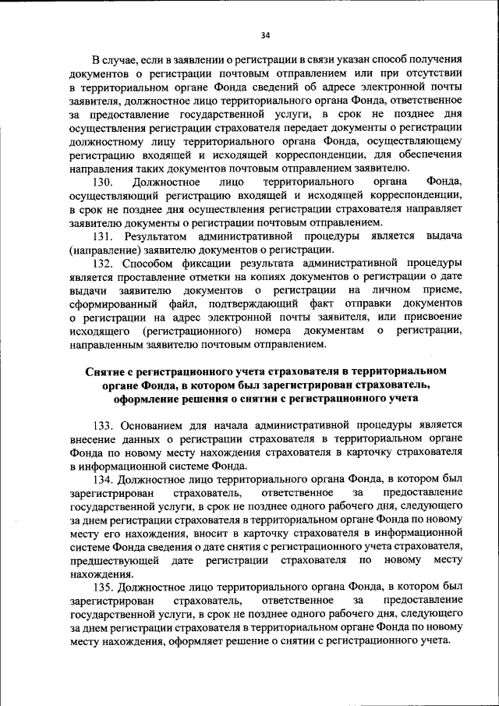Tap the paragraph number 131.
coord(104,236)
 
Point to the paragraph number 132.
coord(104,263)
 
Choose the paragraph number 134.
coord(104,479)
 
